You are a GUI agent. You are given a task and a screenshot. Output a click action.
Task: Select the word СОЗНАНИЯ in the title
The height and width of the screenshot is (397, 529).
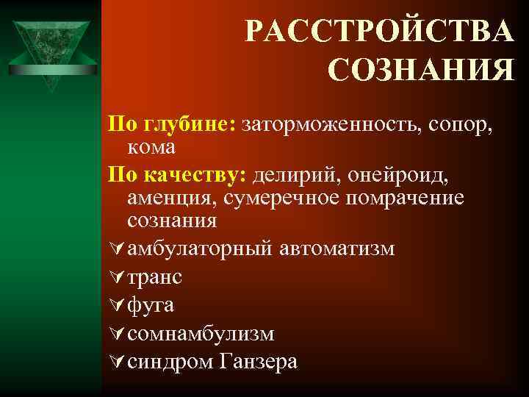coord(421,71)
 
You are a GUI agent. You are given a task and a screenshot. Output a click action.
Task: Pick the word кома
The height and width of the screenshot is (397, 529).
coord(151,147)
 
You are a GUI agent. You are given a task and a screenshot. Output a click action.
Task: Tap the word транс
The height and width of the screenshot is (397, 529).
coord(155,278)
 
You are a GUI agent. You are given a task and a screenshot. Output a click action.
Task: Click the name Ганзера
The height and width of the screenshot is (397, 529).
coord(256,362)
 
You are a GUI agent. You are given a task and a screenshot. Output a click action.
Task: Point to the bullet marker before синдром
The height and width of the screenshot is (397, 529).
coord(115,362)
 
